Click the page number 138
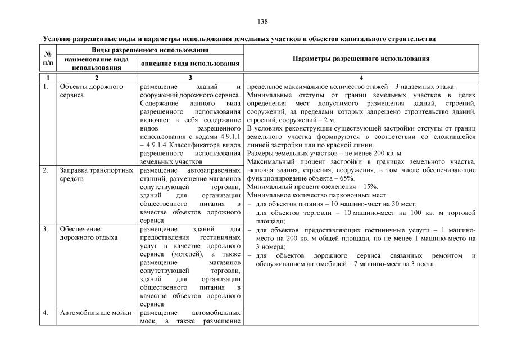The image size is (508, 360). tap(262, 22)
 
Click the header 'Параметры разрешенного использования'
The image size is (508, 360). tap(361, 58)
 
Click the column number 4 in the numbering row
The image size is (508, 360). tap(361, 77)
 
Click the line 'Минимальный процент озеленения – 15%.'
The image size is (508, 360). tap(312, 186)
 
